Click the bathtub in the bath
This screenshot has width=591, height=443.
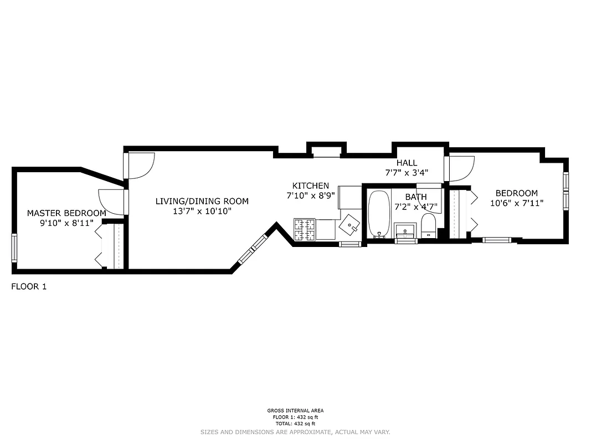click(x=379, y=214)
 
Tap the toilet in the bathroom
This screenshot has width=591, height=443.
click(x=428, y=226)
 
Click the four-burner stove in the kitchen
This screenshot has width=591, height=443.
click(x=304, y=230)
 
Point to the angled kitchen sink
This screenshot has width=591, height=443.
click(x=349, y=225)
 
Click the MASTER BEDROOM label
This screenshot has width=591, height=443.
click(x=66, y=213)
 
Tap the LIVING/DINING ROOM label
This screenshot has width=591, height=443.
click(x=202, y=201)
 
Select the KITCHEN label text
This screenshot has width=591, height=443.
click(x=311, y=186)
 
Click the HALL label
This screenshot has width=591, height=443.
click(x=407, y=163)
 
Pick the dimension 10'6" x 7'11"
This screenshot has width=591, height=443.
click(x=516, y=203)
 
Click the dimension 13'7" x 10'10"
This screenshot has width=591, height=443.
click(x=202, y=211)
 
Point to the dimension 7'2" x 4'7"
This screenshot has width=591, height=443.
click(x=415, y=207)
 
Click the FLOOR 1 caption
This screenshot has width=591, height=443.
click(x=29, y=286)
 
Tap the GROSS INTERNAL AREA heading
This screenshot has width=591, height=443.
click(x=295, y=410)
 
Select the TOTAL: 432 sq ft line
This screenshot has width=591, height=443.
click(x=295, y=424)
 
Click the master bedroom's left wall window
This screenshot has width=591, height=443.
click(x=14, y=248)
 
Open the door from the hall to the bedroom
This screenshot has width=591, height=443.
click(x=461, y=168)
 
